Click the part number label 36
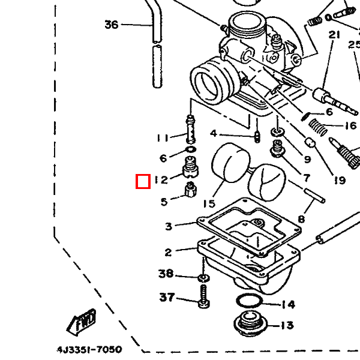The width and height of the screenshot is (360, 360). [112, 25]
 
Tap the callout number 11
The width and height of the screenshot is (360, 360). [163, 138]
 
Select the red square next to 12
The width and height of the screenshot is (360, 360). [143, 181]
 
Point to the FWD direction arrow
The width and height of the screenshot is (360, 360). [82, 322]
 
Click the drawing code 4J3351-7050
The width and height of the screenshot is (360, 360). [89, 350]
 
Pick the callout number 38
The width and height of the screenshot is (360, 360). [166, 274]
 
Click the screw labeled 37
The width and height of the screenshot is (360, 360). [203, 296]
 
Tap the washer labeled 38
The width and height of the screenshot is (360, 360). [203, 278]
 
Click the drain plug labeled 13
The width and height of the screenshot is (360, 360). [250, 323]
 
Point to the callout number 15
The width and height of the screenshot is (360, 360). [209, 203]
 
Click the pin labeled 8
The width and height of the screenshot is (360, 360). [314, 196]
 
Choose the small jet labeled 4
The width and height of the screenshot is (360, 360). [257, 137]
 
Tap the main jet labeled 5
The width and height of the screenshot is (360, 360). [191, 190]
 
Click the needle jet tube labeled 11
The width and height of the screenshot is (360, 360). [191, 130]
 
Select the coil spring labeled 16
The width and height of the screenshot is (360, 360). [318, 127]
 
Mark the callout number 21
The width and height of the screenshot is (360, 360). [334, 35]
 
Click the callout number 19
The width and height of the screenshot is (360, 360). [340, 180]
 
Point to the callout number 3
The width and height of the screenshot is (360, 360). [169, 226]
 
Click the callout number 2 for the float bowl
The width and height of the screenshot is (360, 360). [168, 253]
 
